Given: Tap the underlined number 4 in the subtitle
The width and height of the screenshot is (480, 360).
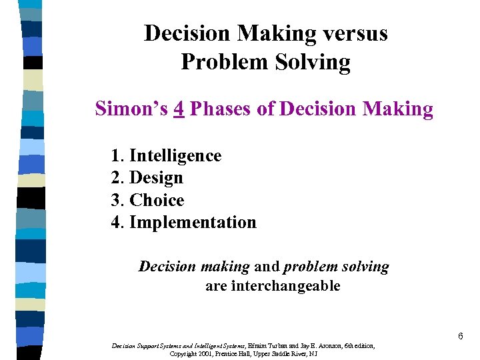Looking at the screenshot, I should [178, 109].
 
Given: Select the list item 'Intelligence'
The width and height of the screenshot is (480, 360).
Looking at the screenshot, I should [175, 156].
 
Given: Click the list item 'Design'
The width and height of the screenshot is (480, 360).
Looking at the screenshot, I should [156, 178].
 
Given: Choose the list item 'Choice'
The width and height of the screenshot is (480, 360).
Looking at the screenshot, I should [157, 200].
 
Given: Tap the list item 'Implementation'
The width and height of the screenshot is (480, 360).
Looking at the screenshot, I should [193, 223].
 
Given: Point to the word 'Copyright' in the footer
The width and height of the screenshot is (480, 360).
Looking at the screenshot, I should [183, 353].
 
